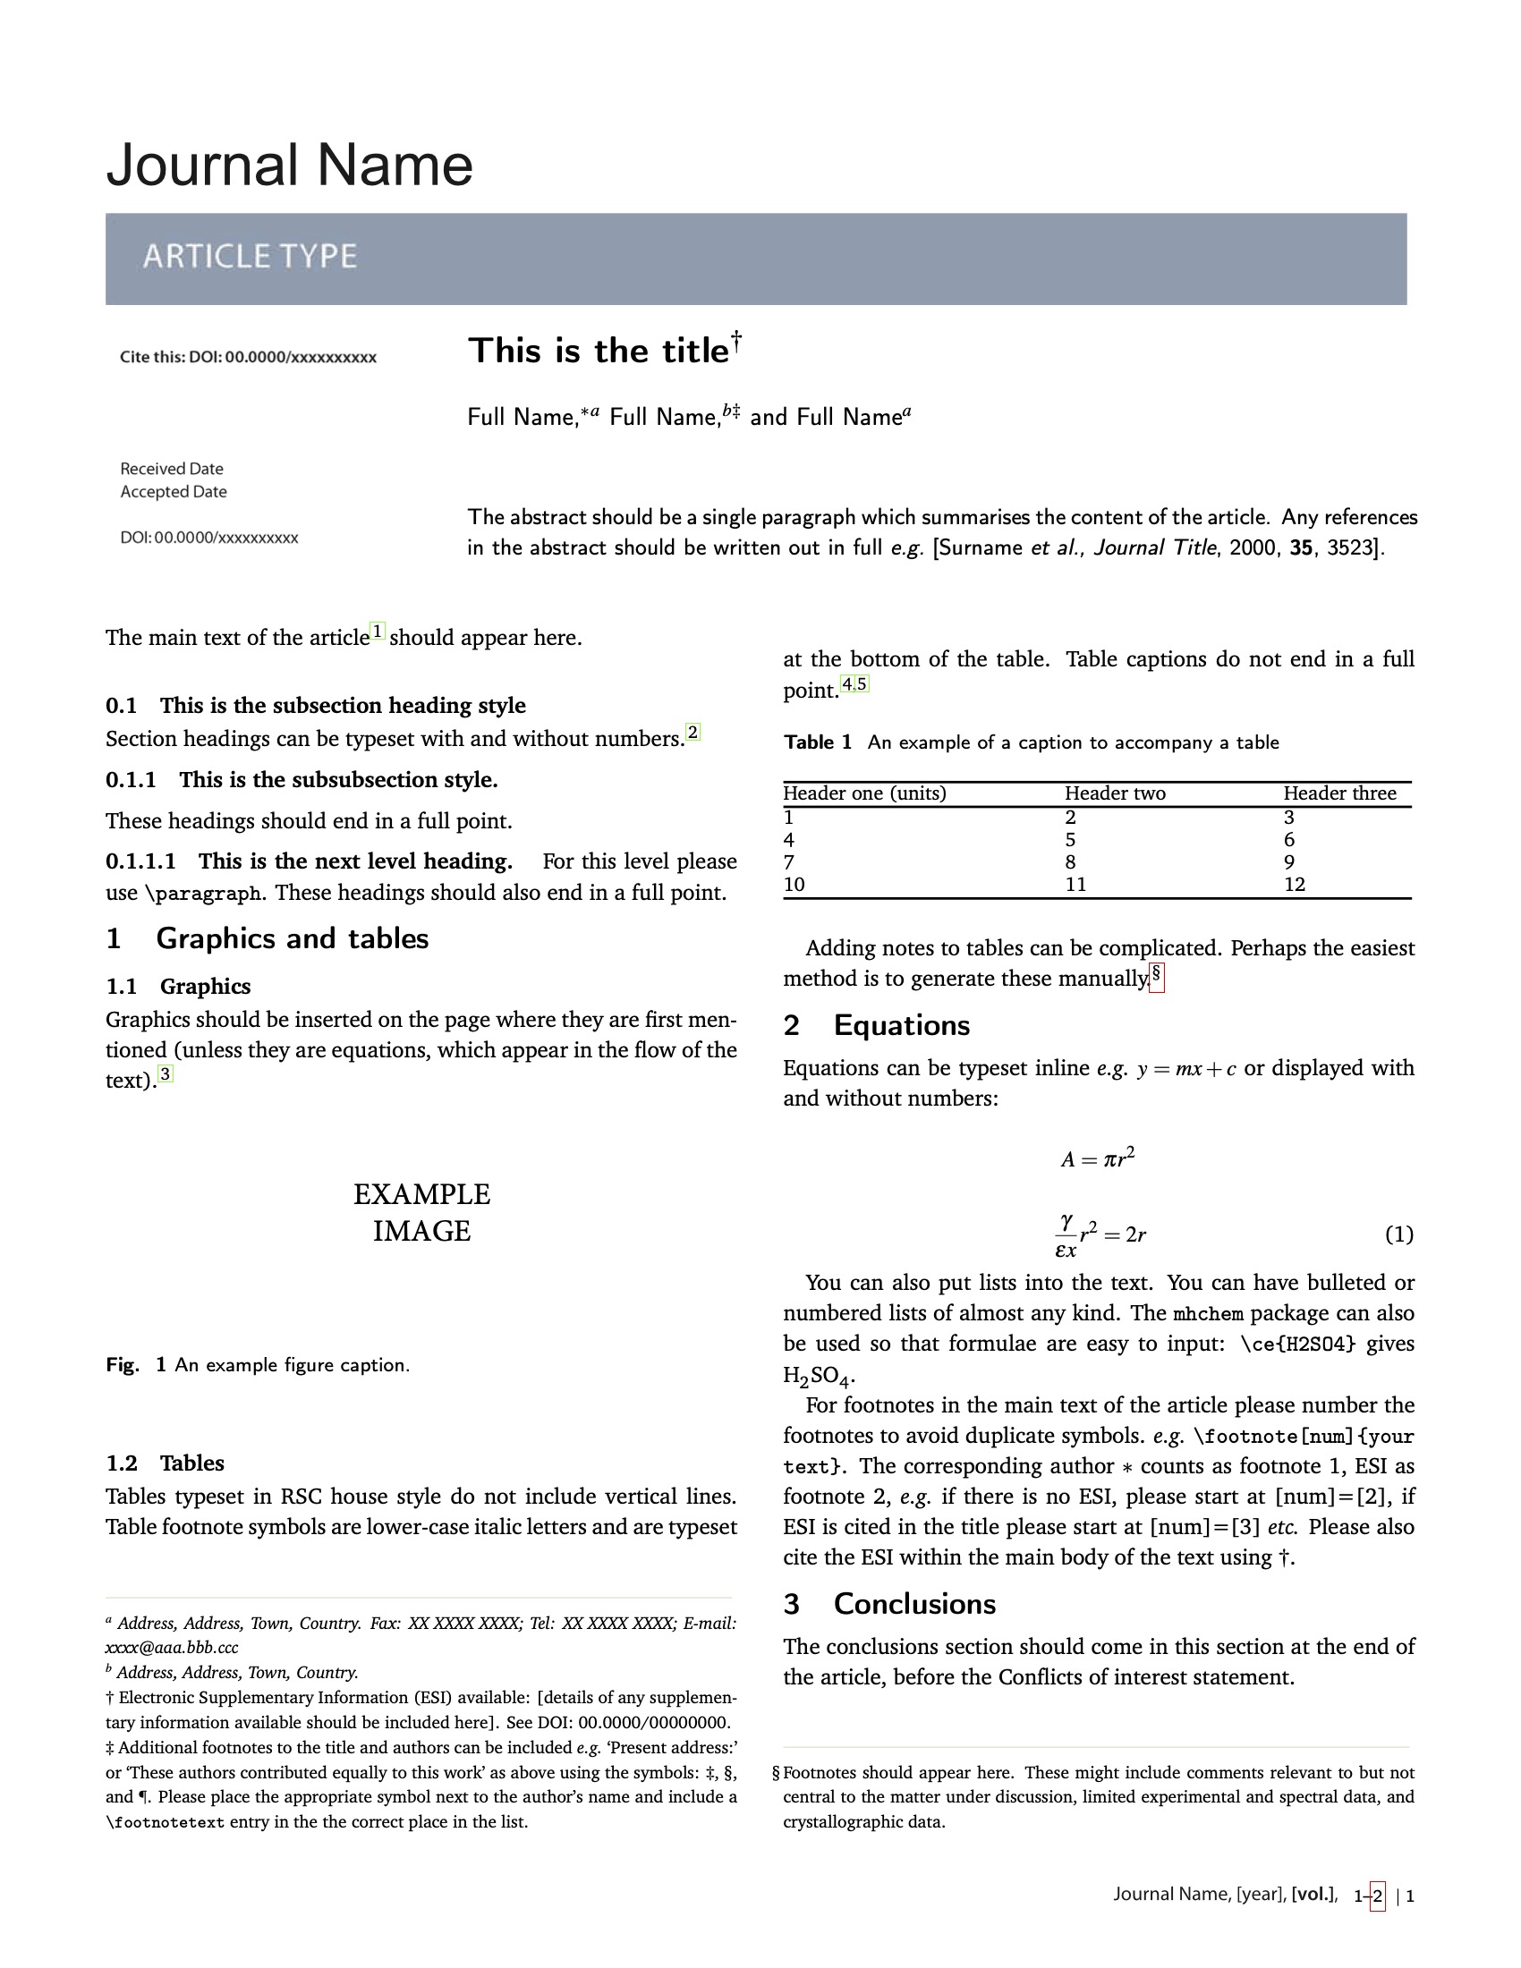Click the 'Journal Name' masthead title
(289, 165)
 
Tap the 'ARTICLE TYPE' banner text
(250, 257)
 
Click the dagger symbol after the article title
(736, 340)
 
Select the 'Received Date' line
(171, 469)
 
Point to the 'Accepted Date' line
(173, 492)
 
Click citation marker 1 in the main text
(378, 632)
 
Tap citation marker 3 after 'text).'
(165, 1074)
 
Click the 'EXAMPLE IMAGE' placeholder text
(421, 1213)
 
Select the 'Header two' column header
(1115, 793)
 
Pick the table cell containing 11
(1075, 885)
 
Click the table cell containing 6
(1288, 840)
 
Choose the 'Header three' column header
(1339, 793)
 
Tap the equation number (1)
(1398, 1234)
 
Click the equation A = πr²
(1098, 1158)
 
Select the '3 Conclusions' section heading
(889, 1604)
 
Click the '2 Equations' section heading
(876, 1025)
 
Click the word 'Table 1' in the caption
(817, 742)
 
